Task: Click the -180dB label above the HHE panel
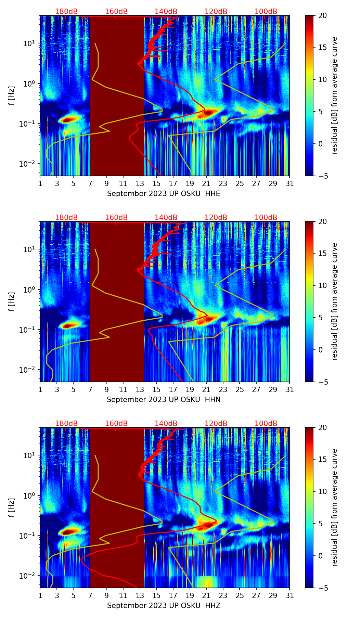point(65,12)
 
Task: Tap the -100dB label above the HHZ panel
point(265,424)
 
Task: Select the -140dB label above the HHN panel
point(165,218)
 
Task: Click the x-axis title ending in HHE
point(164,194)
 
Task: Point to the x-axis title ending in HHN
point(164,400)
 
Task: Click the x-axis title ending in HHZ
point(164,606)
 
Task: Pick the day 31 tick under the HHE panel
point(290,184)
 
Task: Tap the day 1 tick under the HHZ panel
point(40,596)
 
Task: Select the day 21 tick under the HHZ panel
point(206,596)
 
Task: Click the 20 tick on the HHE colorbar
point(323,16)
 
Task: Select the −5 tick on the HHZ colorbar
point(323,588)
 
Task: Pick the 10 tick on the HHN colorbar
point(323,285)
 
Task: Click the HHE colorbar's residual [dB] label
point(334,95)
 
